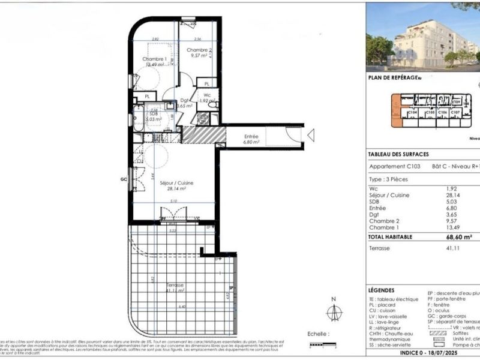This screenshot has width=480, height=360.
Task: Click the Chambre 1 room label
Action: [x=154, y=59]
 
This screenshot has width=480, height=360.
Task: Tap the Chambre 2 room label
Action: [x=199, y=50]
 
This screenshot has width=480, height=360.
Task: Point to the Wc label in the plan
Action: [x=206, y=95]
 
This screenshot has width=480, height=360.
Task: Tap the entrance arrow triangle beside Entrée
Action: [x=310, y=137]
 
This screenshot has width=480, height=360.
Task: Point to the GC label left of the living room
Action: [x=124, y=179]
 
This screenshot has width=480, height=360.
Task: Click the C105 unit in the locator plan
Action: [x=430, y=113]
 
